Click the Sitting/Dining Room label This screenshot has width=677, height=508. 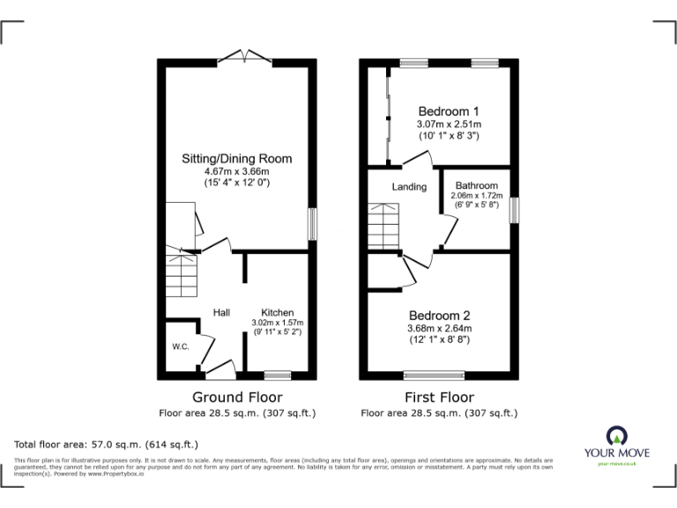tap(236, 159)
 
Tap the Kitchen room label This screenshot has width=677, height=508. tap(277, 313)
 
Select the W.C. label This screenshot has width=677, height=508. tap(181, 347)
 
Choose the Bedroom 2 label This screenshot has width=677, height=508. tap(439, 316)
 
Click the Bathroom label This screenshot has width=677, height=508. tap(476, 185)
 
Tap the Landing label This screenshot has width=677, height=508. tap(409, 187)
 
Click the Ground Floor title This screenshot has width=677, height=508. tap(237, 398)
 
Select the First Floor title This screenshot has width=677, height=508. tap(439, 398)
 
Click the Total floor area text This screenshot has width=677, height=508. tap(107, 444)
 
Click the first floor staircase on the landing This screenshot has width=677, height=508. tap(383, 227)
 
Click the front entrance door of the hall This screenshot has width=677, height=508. tap(217, 368)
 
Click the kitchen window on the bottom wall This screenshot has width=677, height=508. tap(277, 375)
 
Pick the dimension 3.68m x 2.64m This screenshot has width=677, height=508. tap(439, 329)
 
